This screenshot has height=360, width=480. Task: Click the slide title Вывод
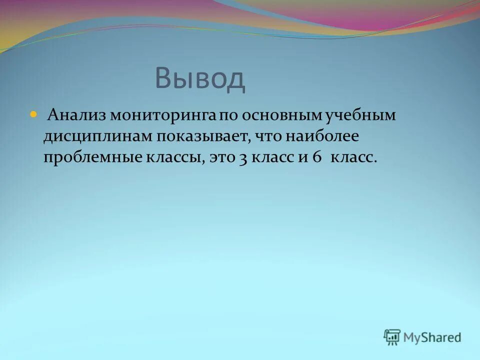(x=200, y=79)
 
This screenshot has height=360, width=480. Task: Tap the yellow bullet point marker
(x=34, y=114)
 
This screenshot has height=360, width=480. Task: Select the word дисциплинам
(x=98, y=136)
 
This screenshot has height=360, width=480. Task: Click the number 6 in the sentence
(x=316, y=157)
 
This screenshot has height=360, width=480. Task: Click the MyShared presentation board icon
(x=392, y=337)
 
